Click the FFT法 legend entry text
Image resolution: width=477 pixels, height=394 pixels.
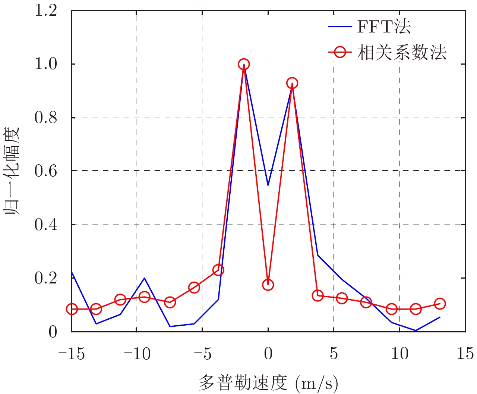(384, 27)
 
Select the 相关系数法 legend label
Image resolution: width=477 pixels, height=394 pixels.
(402, 53)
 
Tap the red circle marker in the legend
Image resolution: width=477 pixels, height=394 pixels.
(340, 52)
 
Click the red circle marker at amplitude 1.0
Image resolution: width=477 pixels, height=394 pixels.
(243, 64)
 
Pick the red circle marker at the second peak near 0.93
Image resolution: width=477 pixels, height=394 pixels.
(292, 83)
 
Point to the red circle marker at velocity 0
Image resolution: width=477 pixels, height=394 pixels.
(268, 285)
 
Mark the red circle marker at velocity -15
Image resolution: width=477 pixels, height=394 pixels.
(72, 309)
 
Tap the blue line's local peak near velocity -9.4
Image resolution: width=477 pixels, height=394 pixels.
(144, 278)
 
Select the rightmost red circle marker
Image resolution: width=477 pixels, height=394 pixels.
(440, 304)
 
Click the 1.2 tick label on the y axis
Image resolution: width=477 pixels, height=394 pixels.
(45, 10)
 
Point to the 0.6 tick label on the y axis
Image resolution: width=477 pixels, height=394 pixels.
(45, 171)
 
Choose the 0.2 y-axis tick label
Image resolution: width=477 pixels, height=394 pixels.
(45, 278)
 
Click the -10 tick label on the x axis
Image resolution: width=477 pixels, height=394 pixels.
(137, 353)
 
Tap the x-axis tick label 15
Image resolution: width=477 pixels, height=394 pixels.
(465, 353)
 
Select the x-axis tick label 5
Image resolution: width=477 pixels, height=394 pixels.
(334, 353)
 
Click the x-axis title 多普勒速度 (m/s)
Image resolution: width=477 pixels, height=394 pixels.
(268, 383)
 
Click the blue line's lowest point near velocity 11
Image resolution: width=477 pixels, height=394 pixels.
(416, 331)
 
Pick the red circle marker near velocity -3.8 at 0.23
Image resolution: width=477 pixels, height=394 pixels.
(218, 270)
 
